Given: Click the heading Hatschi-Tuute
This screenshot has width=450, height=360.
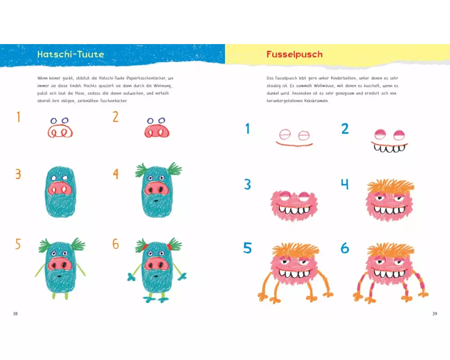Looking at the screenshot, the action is click(71, 54).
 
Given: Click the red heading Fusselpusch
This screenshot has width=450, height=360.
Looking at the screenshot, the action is click(294, 54).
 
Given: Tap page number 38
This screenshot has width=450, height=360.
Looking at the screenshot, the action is click(15, 314).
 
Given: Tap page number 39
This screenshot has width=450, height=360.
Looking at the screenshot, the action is click(435, 314).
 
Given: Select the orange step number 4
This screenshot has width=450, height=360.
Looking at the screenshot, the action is click(116, 174).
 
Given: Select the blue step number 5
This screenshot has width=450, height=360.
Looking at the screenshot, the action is click(247, 248).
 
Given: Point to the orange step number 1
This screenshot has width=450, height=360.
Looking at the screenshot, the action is click(18, 117).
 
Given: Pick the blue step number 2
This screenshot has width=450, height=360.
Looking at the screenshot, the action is click(345, 129).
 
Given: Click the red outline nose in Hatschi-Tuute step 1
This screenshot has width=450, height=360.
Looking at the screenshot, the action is click(60, 131).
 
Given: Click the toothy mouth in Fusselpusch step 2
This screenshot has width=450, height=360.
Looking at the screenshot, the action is click(389, 147).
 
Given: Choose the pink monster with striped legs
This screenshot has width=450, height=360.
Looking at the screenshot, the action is click(391, 273).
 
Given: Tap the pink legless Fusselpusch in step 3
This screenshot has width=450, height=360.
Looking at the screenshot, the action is click(294, 206).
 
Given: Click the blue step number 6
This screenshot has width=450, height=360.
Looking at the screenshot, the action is click(345, 248).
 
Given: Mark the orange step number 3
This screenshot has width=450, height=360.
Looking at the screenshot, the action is click(18, 174).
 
